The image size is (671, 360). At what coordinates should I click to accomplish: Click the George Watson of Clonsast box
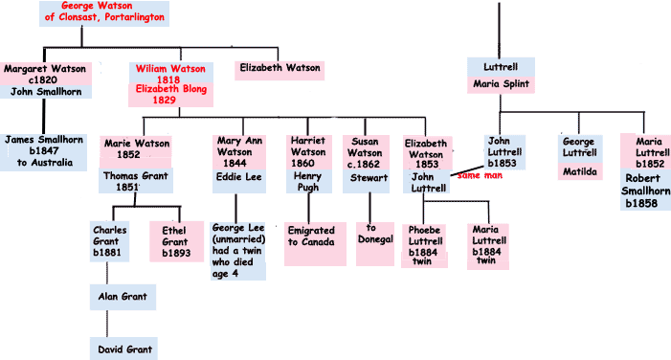pos(104,13)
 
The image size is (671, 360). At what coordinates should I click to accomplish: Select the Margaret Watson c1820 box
pos(45,74)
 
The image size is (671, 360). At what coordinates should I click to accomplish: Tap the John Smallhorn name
pos(46,92)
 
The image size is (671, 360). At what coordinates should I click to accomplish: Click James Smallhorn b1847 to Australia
pos(44,152)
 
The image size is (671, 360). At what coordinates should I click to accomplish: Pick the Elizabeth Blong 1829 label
pos(170,95)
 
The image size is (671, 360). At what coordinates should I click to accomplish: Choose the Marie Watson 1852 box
pos(136,151)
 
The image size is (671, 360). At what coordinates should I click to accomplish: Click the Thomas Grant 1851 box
pos(136,181)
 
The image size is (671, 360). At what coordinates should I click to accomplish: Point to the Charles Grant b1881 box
pos(109,241)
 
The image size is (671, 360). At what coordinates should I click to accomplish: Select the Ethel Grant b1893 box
pos(176,241)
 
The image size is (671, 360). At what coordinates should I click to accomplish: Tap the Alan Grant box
pos(123,297)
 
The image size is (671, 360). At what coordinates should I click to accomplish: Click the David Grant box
pos(123,349)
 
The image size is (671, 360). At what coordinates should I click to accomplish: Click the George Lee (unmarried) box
pos(238,251)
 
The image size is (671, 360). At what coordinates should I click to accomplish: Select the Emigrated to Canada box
pos(315,244)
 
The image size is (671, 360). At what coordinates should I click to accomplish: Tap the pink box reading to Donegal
pos(375,244)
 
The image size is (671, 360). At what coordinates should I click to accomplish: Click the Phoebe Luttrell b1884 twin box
pos(424,246)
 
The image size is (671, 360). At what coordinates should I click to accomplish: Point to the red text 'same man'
pos(480,175)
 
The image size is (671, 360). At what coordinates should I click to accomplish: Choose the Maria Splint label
pos(501,85)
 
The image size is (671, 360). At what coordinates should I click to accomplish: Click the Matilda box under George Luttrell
pos(580,171)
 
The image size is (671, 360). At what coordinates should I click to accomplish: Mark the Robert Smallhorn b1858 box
pos(645,190)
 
